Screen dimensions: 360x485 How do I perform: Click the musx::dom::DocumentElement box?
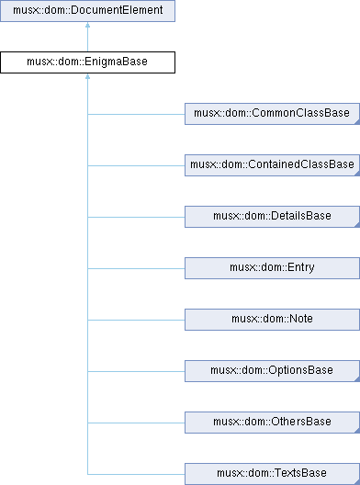tap(87, 11)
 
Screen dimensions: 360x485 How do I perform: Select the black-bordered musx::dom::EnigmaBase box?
tap(87, 62)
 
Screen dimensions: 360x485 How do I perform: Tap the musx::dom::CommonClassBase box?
tap(272, 114)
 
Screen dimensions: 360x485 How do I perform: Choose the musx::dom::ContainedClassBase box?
tap(272, 165)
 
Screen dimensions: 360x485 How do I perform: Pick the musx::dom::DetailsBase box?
tap(272, 217)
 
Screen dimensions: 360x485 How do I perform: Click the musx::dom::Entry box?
tap(272, 268)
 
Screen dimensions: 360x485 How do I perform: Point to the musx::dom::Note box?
tap(272, 320)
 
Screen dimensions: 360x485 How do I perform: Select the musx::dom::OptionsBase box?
tap(272, 371)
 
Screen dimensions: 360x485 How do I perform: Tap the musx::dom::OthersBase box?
tap(272, 423)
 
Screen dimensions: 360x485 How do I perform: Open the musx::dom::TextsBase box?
tap(272, 474)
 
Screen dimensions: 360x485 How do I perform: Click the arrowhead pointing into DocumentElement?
tap(87, 25)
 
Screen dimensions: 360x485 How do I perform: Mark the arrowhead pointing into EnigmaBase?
tap(87, 76)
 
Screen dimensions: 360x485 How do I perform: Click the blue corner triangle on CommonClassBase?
tap(357, 122)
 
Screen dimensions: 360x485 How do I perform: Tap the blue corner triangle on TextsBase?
tap(357, 482)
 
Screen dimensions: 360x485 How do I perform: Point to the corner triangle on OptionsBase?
tap(357, 379)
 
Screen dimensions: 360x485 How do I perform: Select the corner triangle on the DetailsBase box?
tap(357, 225)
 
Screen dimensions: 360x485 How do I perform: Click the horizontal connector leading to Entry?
tap(136, 268)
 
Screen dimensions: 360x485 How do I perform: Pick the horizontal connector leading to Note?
tap(136, 320)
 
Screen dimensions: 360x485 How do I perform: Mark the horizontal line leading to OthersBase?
tap(136, 423)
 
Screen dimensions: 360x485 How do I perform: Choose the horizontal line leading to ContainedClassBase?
tap(136, 165)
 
